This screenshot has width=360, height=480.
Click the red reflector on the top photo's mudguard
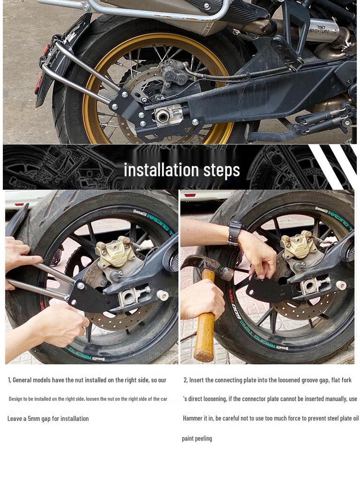pyautogui.click(x=38, y=85)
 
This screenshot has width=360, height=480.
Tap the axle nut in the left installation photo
pyautogui.click(x=162, y=295)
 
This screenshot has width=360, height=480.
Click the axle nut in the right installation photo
pyautogui.click(x=341, y=285)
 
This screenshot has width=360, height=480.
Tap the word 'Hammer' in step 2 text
pyautogui.click(x=193, y=418)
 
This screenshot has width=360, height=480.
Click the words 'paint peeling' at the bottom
pyautogui.click(x=197, y=438)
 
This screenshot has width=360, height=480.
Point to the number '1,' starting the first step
pyautogui.click(x=9, y=380)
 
